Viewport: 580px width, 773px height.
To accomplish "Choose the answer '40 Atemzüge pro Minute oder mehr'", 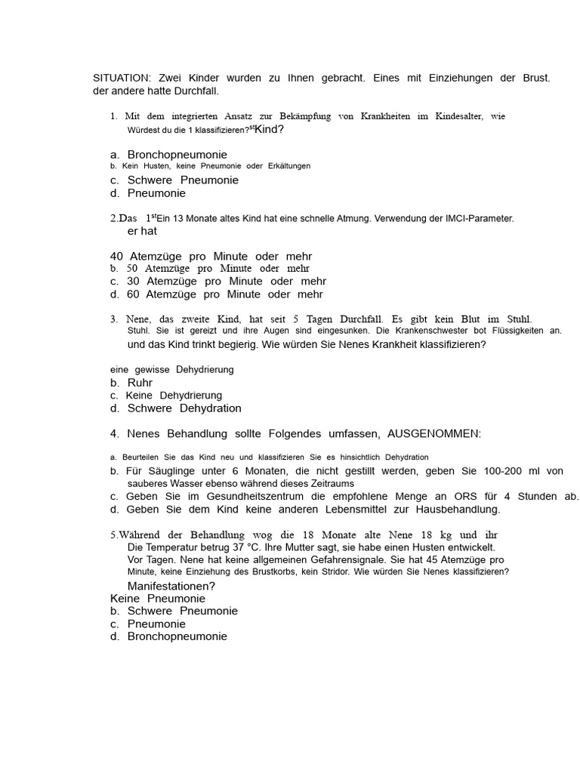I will pos(211,256).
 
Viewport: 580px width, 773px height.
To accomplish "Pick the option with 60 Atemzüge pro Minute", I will pos(224,294).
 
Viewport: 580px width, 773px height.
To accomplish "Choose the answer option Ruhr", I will pos(140,383).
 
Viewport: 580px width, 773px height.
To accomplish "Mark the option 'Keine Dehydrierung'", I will pos(174,396).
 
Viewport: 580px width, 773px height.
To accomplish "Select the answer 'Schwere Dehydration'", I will pos(184,408).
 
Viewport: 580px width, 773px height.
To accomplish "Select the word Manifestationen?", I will pos(171,586).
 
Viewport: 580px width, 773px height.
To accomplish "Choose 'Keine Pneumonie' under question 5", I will pos(157,599).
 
